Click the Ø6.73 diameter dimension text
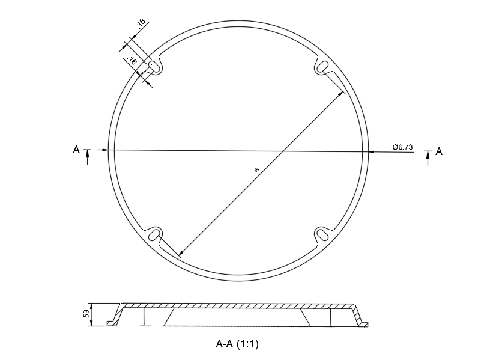pos(402,147)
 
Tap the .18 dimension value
pos(141,23)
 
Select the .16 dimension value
pos(132,61)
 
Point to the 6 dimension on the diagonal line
pos(257,169)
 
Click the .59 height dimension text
pos(86,314)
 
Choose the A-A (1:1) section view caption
pos(237,344)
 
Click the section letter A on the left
pos(76,150)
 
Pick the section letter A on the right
pos(439,151)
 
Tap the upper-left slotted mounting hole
pos(154,66)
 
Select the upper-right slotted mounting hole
pos(322,66)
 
